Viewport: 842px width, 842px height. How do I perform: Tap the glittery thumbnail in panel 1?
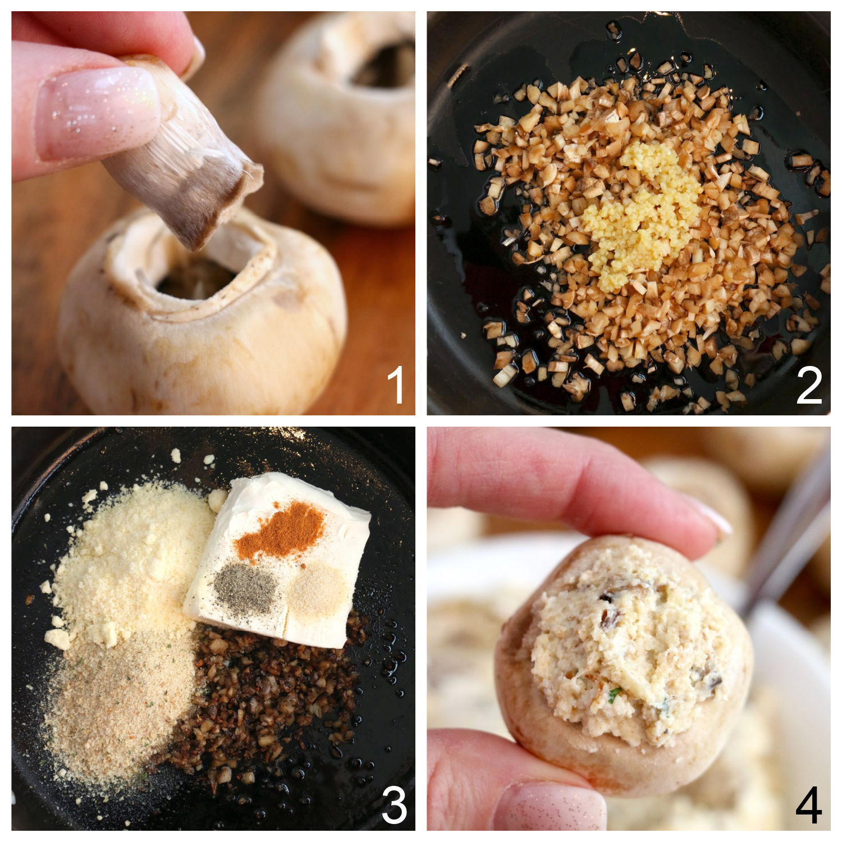95,109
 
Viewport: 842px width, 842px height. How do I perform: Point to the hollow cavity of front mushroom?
196,278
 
